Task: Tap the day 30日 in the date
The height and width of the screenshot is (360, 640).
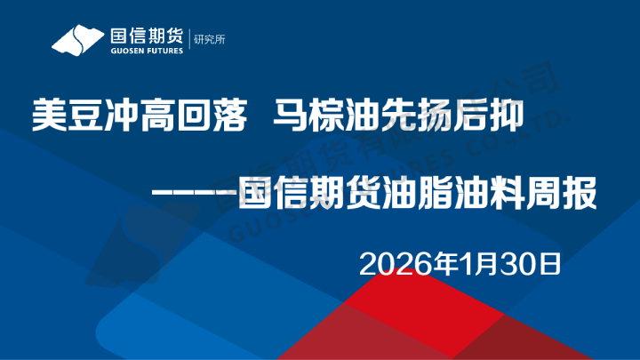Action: click(x=527, y=263)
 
